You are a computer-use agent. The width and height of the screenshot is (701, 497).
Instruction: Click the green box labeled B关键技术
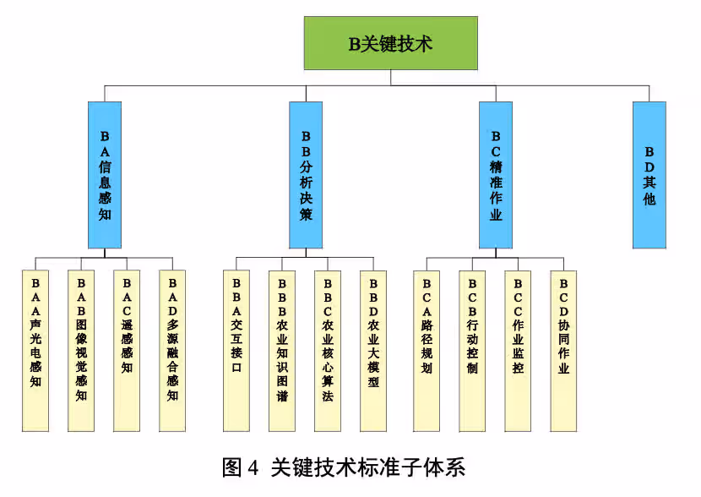pyautogui.click(x=390, y=43)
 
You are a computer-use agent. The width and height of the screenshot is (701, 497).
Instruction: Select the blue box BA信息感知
pyautogui.click(x=105, y=175)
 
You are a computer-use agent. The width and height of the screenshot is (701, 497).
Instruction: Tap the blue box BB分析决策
pyautogui.click(x=305, y=175)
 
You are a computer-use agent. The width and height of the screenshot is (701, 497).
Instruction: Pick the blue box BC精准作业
pyautogui.click(x=496, y=175)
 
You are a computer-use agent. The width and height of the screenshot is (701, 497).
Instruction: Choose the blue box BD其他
pyautogui.click(x=649, y=175)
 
